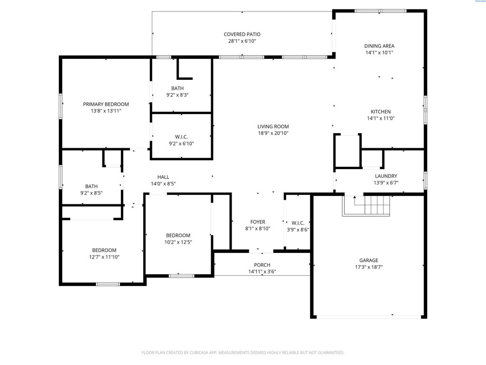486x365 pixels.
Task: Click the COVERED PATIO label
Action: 242,34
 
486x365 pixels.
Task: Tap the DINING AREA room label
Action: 379,46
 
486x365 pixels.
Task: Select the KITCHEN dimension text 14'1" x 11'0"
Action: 381,118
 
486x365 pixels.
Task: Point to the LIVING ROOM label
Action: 273,126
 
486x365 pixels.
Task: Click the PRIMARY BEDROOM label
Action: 106,104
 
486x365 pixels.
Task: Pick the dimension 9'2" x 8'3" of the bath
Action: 178,95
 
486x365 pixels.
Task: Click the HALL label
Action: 163,177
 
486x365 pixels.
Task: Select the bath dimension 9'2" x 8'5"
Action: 92,193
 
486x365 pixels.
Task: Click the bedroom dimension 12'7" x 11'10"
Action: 104,257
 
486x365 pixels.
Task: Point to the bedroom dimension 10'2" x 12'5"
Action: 178,242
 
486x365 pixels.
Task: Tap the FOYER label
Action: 258,222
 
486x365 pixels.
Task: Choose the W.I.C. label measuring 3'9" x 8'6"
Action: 298,229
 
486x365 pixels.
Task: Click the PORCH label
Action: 262,265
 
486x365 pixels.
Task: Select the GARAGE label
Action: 368,260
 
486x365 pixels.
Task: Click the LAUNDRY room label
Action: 386,176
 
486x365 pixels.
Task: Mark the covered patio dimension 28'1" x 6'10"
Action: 242,41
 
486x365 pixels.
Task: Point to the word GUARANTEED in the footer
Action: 328,353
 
